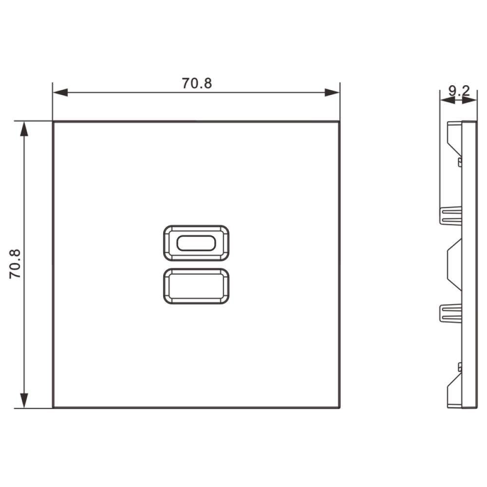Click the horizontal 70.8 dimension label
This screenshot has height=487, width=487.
click(197, 83)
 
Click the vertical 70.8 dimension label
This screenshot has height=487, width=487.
click(15, 263)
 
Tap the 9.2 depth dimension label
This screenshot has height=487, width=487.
click(459, 91)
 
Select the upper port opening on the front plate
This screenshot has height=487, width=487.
click(196, 243)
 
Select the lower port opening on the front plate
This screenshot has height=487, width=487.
click(196, 286)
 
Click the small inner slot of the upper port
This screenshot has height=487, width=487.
click(196, 243)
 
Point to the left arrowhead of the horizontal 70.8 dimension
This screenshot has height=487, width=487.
click(60, 93)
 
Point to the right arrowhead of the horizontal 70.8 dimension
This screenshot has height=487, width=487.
click(332, 93)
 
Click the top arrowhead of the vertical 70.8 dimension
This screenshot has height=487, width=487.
click(24, 129)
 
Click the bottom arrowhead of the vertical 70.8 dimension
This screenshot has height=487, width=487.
click(24, 401)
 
